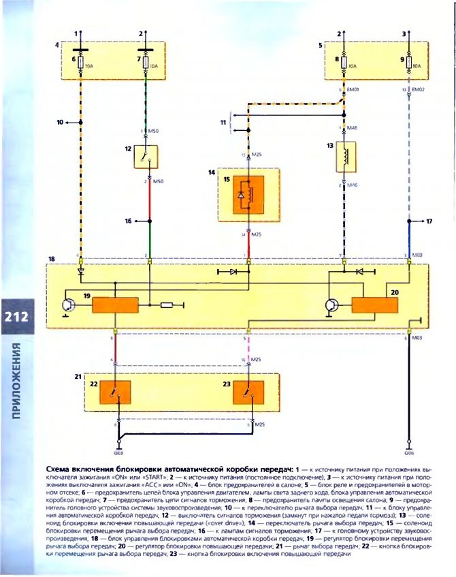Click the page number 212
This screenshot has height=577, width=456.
(x=15, y=317)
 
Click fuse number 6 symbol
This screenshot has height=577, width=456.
(x=82, y=65)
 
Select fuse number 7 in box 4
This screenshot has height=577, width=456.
(x=148, y=65)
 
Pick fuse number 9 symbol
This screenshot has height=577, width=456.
(x=408, y=65)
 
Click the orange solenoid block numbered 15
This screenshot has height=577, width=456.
(x=248, y=194)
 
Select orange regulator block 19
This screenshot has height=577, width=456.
(x=115, y=304)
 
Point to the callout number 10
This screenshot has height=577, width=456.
(x=59, y=123)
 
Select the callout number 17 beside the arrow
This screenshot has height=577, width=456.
(x=429, y=221)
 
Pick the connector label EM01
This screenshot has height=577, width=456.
(x=352, y=89)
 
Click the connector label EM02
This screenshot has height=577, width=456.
(x=417, y=89)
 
